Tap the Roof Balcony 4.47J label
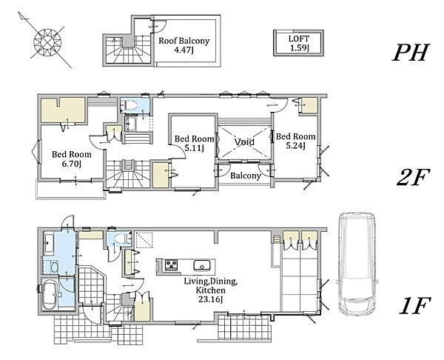click(184, 45)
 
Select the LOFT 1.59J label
click(299, 43)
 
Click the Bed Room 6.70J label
click(72, 159)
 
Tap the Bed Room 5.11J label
click(194, 143)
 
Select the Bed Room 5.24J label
click(295, 141)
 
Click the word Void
click(244, 141)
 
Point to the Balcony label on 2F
click(246, 176)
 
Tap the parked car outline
click(357, 264)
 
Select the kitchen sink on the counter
click(202, 266)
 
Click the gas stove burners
click(172, 265)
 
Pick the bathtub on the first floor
click(50, 295)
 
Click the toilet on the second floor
click(131, 105)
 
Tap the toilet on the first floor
click(122, 239)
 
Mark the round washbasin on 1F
click(53, 267)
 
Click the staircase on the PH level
click(128, 50)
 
